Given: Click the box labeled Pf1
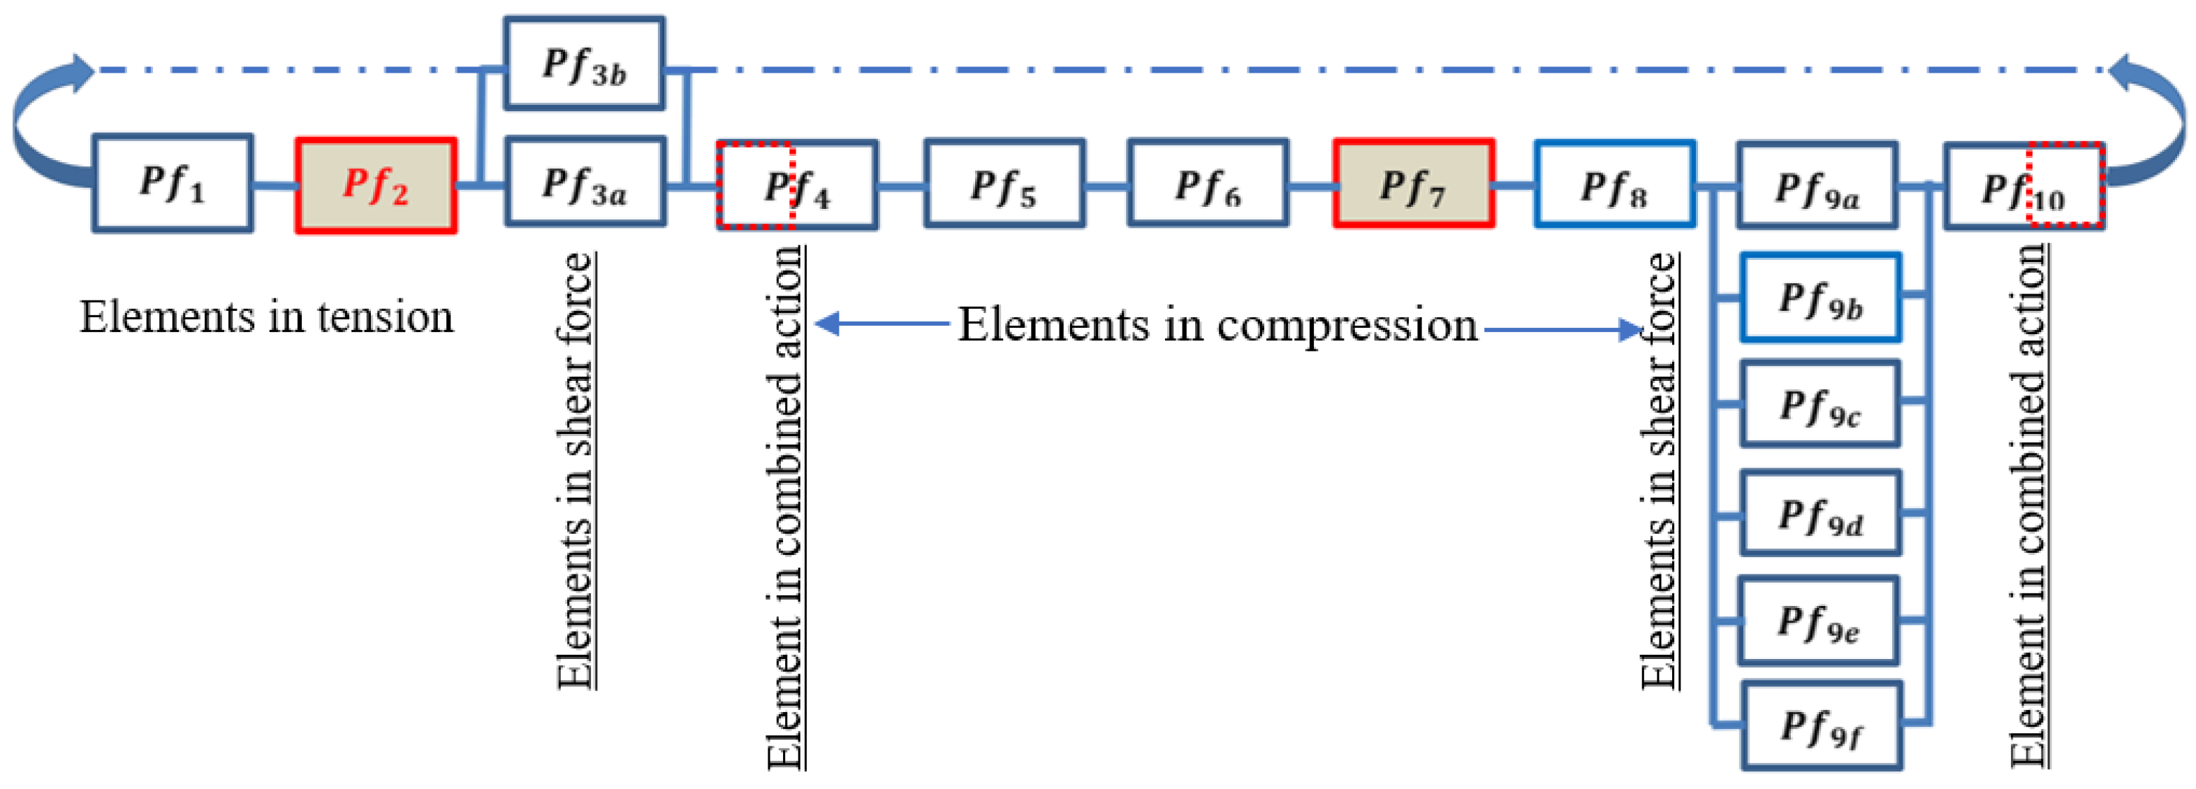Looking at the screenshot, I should [173, 183].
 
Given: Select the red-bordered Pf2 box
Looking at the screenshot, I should [376, 185].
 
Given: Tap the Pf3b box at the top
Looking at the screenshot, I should [584, 64].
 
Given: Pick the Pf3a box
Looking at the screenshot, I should [585, 182].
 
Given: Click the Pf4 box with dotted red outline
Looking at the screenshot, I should [797, 186].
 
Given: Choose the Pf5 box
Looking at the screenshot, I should [1004, 184].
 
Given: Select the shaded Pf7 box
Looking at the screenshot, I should [1414, 184].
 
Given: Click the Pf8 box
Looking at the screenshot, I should [1615, 185].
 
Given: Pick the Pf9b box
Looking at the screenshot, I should [1820, 298].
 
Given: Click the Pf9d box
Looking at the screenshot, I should [1820, 514].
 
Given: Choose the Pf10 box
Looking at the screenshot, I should [2023, 187].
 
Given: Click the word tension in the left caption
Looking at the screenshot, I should [386, 317].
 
